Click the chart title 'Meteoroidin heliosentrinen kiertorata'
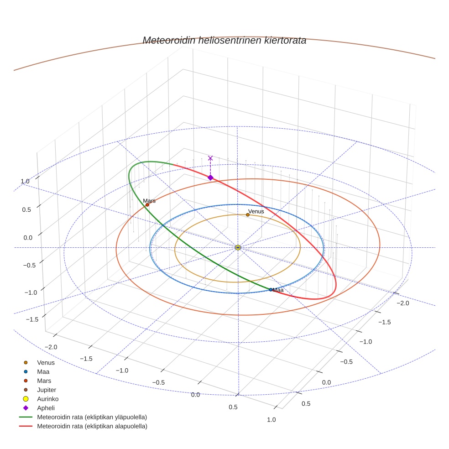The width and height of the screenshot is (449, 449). coord(224,40)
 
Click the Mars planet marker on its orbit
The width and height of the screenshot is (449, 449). coord(147,205)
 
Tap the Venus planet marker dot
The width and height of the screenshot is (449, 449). coord(247,214)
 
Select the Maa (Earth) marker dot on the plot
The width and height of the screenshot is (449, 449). coord(271,289)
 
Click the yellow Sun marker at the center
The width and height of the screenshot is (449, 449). coord(238,247)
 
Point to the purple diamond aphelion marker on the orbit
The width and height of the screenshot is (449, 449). coord(210,178)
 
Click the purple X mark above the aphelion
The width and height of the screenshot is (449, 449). coord(210,158)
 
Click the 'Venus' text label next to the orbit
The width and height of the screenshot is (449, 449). coord(256,211)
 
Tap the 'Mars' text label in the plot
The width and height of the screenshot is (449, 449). coord(149,201)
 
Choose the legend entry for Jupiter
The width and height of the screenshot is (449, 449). coord(46,390)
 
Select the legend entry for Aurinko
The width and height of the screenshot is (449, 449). coord(47,399)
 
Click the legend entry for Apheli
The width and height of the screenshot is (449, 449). coord(46,408)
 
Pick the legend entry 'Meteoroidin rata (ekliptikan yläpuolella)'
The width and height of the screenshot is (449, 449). coord(92,417)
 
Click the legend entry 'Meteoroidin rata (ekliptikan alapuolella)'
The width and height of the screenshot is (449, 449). coord(92,426)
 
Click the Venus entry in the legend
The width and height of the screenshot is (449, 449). coord(46,362)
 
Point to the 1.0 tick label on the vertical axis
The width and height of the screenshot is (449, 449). coord(25,181)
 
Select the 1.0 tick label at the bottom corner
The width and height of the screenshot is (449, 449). coord(271,419)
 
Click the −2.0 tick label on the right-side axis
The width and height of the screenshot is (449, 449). coord(404,303)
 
